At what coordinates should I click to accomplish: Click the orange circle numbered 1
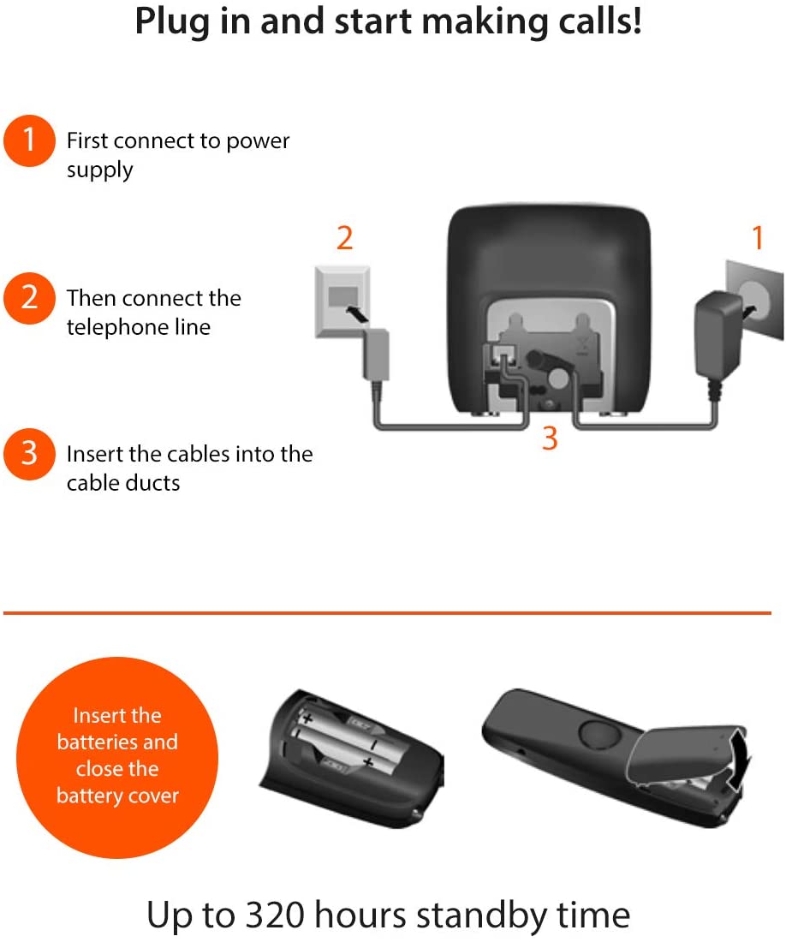29,140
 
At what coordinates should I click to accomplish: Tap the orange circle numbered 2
29,298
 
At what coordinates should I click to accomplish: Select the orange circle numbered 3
29,454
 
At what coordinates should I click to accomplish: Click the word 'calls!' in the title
599,21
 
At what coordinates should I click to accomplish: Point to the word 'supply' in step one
99,170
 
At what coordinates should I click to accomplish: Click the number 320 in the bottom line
276,915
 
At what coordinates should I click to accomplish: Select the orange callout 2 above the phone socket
345,239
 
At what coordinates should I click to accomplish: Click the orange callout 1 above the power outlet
758,237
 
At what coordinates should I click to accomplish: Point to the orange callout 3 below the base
550,438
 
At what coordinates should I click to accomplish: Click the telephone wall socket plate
342,301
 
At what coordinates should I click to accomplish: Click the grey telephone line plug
376,355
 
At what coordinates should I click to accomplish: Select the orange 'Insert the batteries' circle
117,758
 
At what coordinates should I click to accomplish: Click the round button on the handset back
598,735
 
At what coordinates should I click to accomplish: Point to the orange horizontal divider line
387,613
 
